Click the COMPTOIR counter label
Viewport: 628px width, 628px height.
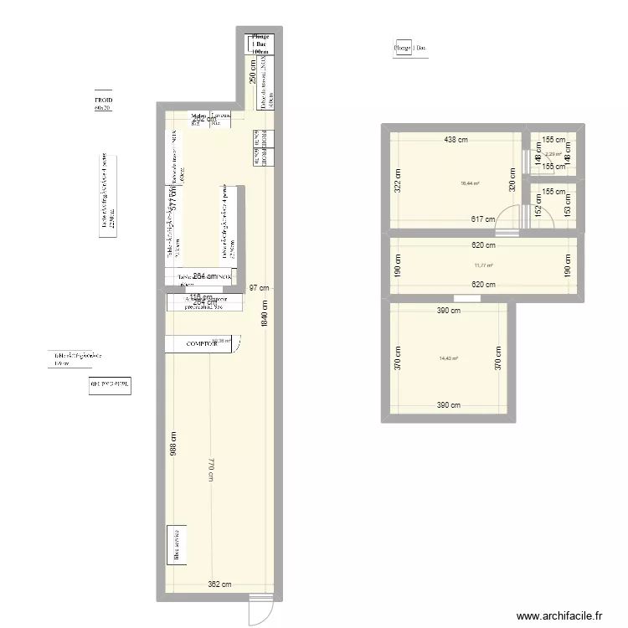pos(201,344)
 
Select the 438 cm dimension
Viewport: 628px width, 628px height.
pos(456,141)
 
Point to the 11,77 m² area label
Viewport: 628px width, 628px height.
pos(483,265)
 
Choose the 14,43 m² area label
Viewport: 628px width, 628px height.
pos(449,358)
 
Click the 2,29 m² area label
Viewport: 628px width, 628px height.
pos(553,154)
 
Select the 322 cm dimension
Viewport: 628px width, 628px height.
pos(398,180)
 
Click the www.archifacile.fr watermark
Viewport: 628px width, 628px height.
pos(559,615)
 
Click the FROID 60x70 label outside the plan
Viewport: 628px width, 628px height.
pos(103,105)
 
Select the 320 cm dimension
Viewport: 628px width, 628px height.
pos(512,180)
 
